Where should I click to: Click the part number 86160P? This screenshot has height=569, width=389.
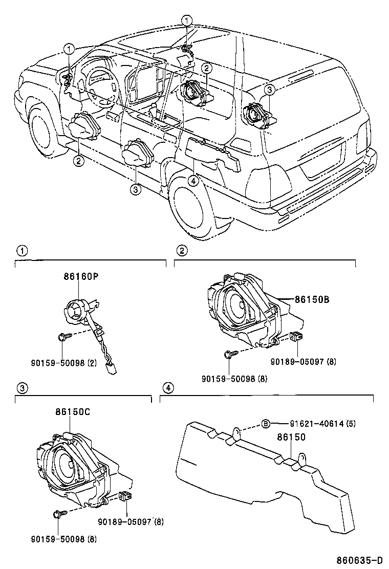click(80, 277)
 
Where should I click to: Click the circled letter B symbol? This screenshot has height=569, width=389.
click(266, 424)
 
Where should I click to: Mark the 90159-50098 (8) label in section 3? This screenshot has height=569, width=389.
click(63, 539)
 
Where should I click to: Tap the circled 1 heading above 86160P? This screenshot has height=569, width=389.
click(20, 251)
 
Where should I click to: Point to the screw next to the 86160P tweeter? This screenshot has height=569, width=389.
click(62, 337)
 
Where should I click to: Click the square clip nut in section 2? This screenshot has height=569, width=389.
click(295, 337)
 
